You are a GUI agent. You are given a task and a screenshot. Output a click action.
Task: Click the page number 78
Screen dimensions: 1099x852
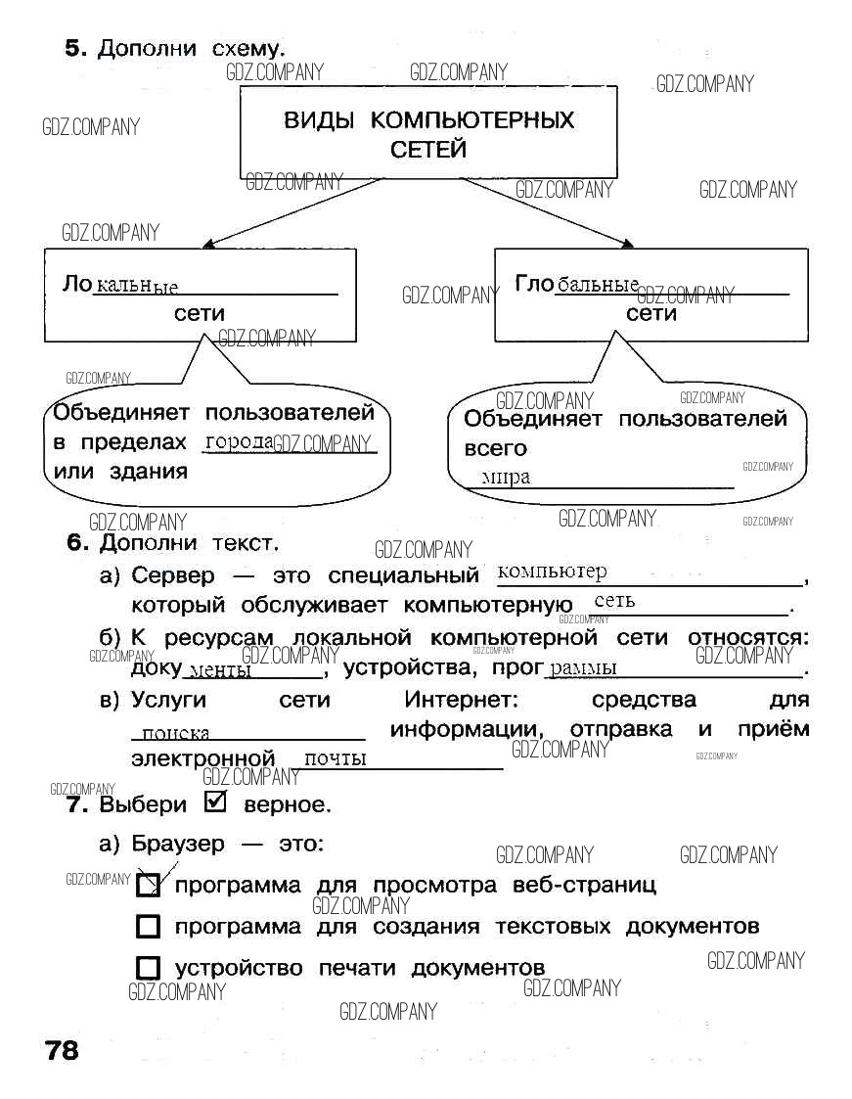(61, 1051)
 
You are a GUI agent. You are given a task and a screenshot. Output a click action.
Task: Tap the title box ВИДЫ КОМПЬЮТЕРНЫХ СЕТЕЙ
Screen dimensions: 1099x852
(428, 134)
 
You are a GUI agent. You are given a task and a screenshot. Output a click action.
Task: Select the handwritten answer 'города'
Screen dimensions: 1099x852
(239, 442)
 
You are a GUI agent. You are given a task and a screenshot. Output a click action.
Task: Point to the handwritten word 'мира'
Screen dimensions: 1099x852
(506, 477)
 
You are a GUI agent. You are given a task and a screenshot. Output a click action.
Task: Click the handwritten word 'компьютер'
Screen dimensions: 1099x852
(552, 572)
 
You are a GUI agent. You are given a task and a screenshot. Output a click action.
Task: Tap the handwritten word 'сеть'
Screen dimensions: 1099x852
(614, 601)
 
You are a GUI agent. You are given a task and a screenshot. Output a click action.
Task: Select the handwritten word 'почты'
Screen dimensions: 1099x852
(336, 758)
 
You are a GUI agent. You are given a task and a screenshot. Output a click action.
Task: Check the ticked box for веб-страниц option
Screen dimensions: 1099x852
(148, 885)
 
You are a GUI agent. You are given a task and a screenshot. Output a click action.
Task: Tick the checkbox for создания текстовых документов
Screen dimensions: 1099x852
(148, 926)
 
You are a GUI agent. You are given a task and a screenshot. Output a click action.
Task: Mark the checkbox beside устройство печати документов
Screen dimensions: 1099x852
(148, 968)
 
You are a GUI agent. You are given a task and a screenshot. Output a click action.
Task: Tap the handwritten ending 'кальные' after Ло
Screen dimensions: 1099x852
(136, 286)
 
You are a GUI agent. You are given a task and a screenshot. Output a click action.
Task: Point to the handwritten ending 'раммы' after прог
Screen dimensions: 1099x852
(584, 668)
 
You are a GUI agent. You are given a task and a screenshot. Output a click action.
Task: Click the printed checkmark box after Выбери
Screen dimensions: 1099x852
(215, 802)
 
